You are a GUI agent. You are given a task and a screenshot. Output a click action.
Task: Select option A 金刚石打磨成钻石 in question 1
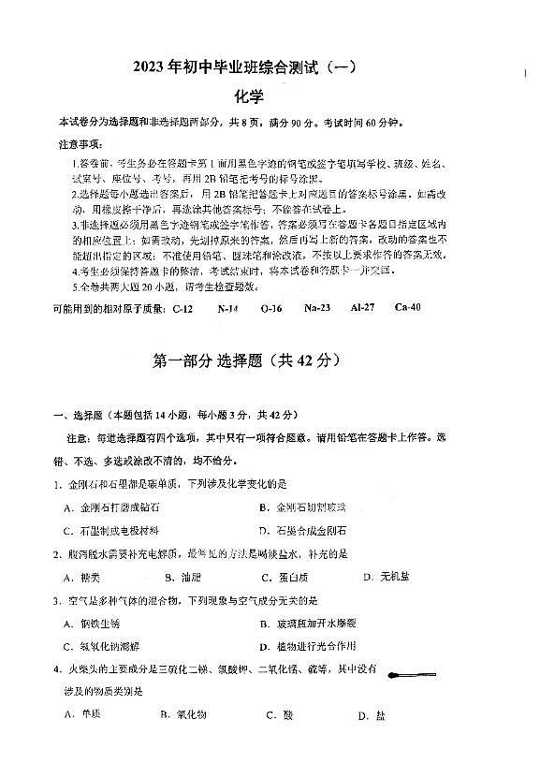(x=106, y=507)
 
